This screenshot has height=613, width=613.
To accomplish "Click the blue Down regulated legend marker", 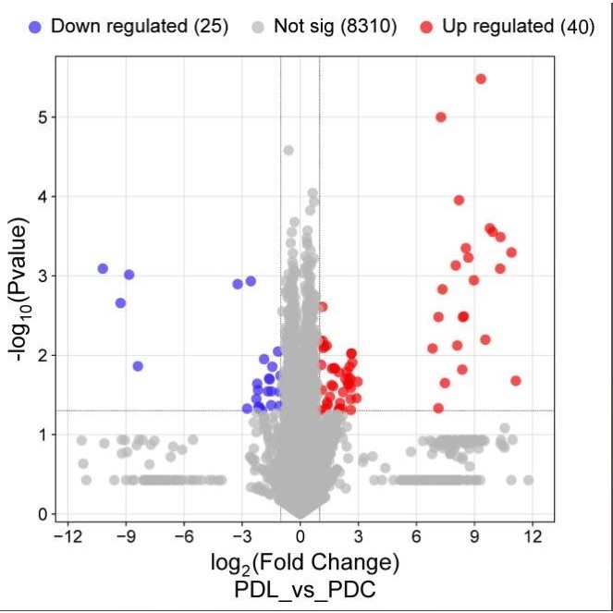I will tap(36, 26).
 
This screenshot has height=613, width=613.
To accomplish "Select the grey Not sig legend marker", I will tap(260, 26).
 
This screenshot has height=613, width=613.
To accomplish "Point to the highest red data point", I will tap(481, 79).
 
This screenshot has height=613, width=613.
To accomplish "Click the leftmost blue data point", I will tap(103, 268).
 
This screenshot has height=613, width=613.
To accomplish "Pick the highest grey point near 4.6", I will tap(288, 150).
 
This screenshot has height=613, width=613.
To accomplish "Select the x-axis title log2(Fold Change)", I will tap(300, 562).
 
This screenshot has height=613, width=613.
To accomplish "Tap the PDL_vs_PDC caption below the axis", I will tap(300, 588).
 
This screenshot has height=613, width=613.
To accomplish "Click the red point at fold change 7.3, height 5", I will tap(441, 116).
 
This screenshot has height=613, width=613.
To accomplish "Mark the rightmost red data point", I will tap(516, 381).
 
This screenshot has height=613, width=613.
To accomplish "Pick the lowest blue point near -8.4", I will tap(138, 366).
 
